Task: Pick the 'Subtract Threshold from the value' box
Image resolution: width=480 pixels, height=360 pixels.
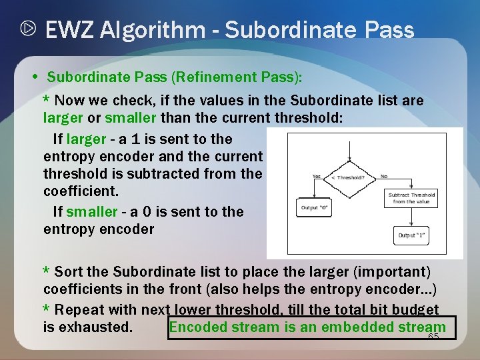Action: [x=412, y=198]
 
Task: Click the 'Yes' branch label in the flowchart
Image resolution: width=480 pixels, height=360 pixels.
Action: [x=316, y=176]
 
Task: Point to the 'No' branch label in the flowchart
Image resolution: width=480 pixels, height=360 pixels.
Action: [x=384, y=176]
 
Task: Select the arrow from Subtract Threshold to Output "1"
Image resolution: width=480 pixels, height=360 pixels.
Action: [x=413, y=217]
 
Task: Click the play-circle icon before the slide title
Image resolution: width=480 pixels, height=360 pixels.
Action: [x=27, y=30]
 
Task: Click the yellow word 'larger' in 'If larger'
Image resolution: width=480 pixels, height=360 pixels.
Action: [x=86, y=139]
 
